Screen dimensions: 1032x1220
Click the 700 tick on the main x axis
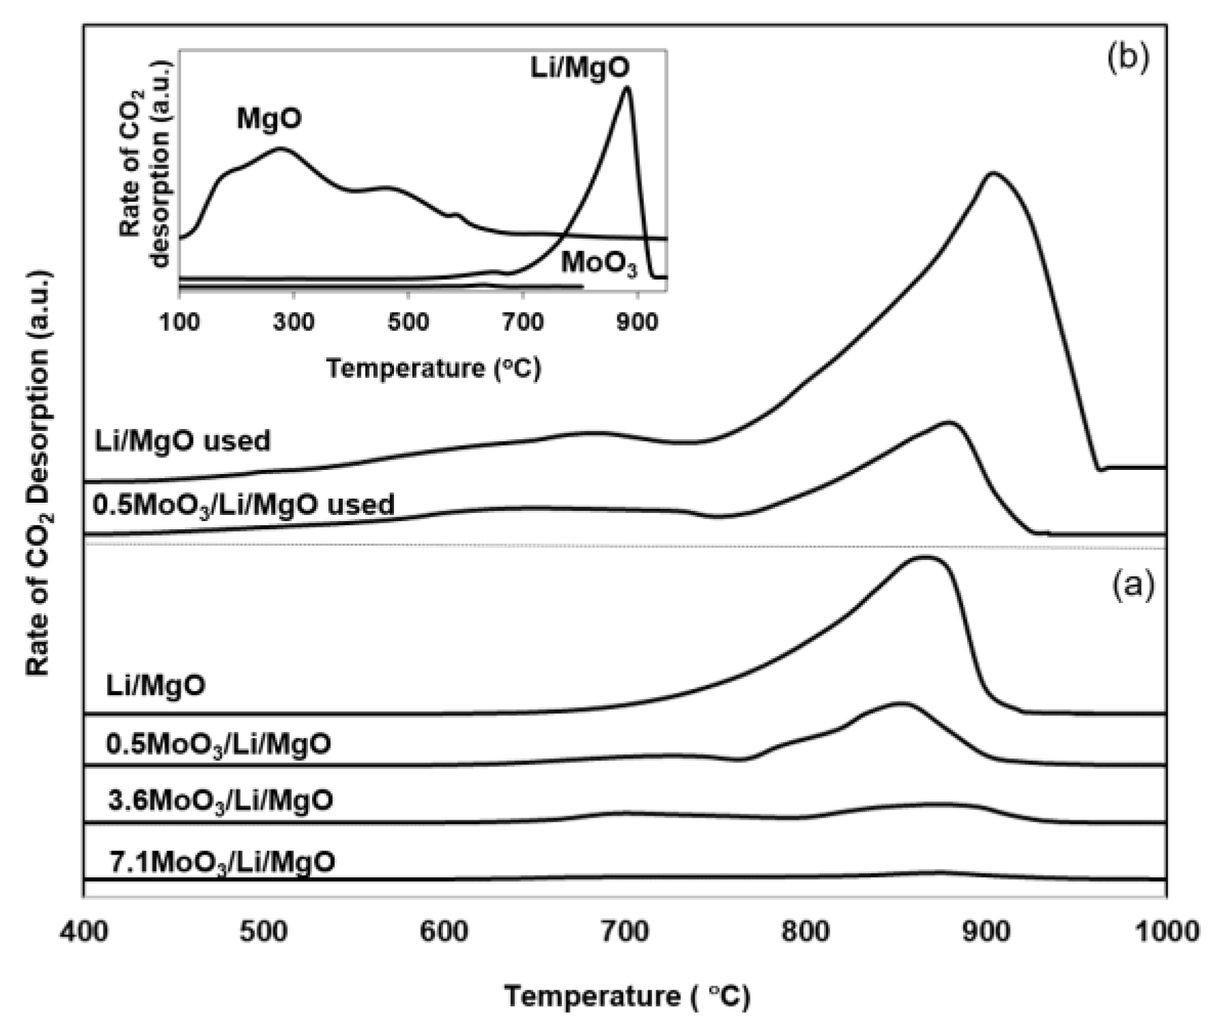(x=626, y=931)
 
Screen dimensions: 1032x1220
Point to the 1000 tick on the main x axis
(x=1165, y=931)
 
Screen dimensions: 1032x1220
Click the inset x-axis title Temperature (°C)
(x=433, y=369)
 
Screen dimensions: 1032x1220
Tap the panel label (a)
(x=1133, y=585)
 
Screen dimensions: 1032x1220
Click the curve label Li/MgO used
(x=182, y=441)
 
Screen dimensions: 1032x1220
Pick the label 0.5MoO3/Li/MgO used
(x=243, y=505)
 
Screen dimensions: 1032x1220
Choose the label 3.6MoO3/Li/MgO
(x=220, y=800)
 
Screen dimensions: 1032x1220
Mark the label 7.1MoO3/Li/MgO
(x=222, y=863)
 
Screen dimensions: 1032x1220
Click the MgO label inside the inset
(x=269, y=119)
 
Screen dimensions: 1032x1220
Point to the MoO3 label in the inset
(x=599, y=264)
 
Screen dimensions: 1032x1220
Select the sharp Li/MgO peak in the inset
(x=627, y=87)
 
